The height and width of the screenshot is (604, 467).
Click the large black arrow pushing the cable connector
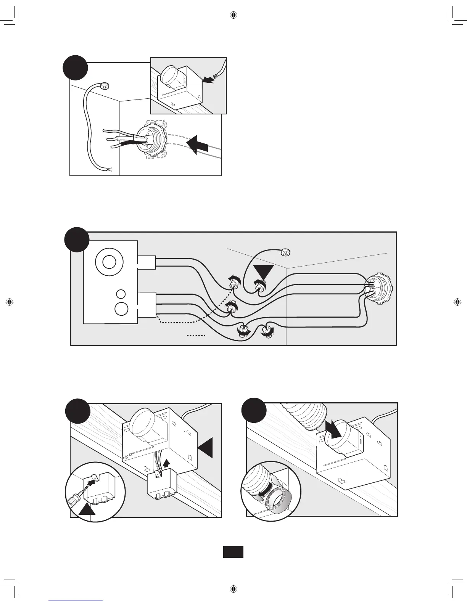[197, 145]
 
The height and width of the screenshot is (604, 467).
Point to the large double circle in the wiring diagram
[110, 263]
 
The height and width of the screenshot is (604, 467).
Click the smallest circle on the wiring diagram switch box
[121, 294]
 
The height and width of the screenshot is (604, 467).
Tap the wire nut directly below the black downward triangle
[261, 284]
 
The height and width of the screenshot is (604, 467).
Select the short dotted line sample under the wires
[196, 336]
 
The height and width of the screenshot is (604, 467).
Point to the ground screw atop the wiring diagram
[286, 251]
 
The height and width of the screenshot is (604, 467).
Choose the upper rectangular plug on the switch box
[147, 262]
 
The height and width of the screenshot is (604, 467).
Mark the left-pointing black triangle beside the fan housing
[205, 447]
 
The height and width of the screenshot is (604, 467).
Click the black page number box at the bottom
[233, 552]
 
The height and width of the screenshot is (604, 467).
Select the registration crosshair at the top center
[233, 15]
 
